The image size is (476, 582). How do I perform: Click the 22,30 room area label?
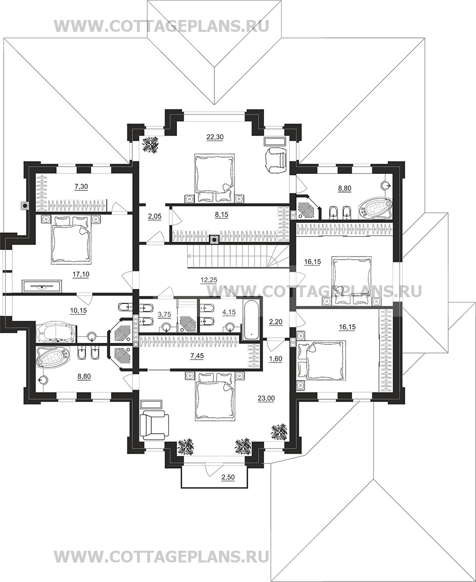[x=215, y=137]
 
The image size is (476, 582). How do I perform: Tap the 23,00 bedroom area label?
[x=266, y=398]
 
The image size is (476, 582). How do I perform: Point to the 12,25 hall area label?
[x=208, y=280]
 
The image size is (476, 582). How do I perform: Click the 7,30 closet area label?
[x=81, y=187]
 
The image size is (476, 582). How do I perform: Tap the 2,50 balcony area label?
[x=228, y=477]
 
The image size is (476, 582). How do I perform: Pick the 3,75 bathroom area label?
[x=164, y=315]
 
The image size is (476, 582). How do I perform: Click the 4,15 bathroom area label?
[x=229, y=313]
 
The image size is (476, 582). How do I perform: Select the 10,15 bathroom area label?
[x=78, y=311]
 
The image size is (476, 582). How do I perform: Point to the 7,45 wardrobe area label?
[x=197, y=356]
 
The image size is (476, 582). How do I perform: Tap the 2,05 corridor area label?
[x=155, y=217]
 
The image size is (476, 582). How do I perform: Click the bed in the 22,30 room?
[x=214, y=178]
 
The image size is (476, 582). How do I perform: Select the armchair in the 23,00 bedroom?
[x=154, y=425]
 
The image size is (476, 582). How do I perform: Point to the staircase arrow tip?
[x=188, y=255]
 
